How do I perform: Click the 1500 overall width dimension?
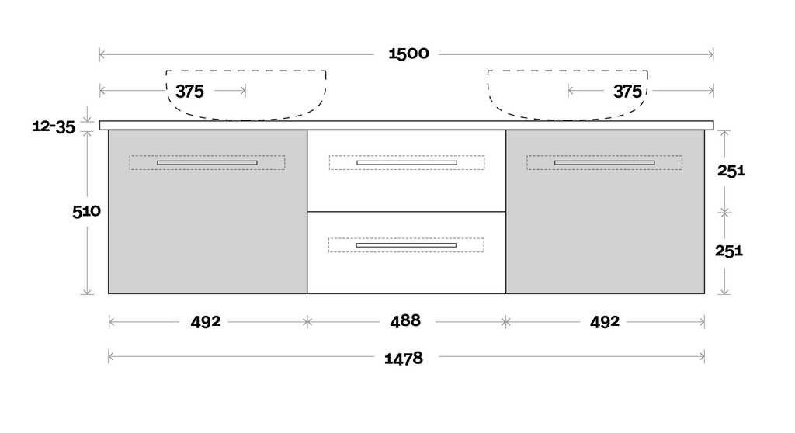coord(408,54)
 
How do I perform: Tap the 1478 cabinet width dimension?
coord(404,359)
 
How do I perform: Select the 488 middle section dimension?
coord(405,321)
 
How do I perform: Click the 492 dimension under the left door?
coord(205,321)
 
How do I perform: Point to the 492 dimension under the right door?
coord(604,321)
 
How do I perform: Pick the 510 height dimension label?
coord(87,211)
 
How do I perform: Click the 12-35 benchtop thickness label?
coord(54,126)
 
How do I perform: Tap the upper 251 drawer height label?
coord(731,171)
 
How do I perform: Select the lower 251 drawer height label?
coord(729,251)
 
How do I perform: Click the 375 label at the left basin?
coord(189,92)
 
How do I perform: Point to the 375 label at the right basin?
coord(627,92)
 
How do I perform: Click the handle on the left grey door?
coord(207,163)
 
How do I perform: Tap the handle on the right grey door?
coord(604,163)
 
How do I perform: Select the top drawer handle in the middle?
coord(407,163)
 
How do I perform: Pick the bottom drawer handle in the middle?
coord(406,245)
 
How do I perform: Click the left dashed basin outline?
coord(246,95)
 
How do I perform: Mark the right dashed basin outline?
coord(568,95)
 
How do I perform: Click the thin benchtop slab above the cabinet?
coord(407,125)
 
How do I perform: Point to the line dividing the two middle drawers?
coord(407,211)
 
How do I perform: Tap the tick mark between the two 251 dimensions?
coord(724,213)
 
